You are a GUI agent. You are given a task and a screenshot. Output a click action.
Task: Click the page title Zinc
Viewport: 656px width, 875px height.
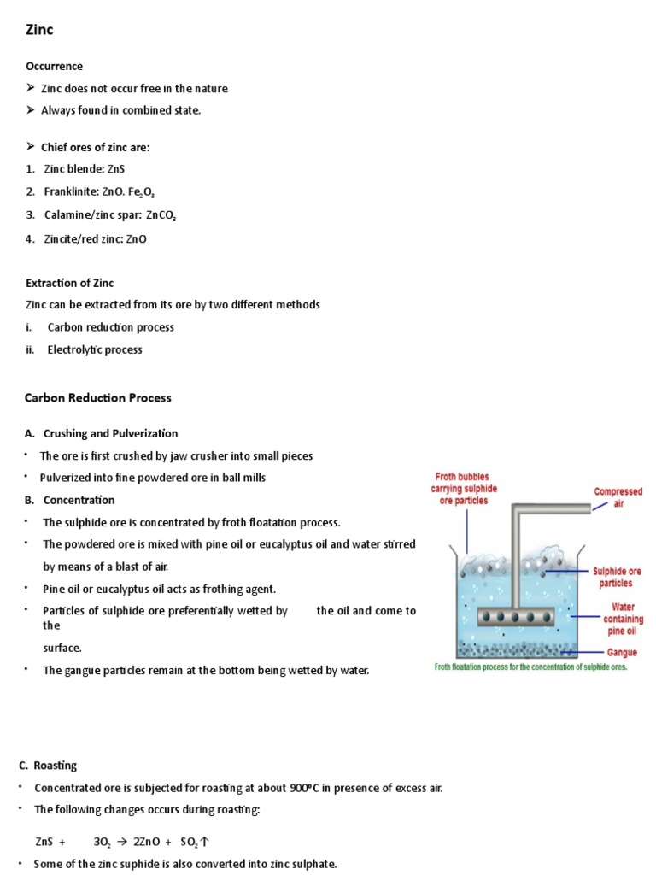tap(39, 30)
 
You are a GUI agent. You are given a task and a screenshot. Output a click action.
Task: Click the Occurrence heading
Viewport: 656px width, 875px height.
tap(54, 66)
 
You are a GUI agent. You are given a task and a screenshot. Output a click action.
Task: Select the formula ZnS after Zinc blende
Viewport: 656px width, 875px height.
tap(116, 169)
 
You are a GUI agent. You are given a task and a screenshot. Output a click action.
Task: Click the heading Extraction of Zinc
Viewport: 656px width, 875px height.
tap(69, 283)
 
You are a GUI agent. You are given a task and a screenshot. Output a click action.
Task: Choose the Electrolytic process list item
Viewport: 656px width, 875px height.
tap(95, 349)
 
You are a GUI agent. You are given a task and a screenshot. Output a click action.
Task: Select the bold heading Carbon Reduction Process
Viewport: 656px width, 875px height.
tap(98, 397)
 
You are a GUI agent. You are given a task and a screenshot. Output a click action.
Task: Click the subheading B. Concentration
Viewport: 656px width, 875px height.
tap(79, 500)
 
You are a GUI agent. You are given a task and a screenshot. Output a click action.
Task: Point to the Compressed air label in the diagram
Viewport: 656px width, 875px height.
tap(618, 498)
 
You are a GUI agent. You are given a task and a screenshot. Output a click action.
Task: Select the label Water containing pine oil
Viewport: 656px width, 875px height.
tap(620, 620)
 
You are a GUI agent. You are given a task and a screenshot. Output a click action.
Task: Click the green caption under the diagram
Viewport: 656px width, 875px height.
tap(531, 667)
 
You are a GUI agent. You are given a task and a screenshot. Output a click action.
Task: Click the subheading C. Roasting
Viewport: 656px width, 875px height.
tap(55, 766)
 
